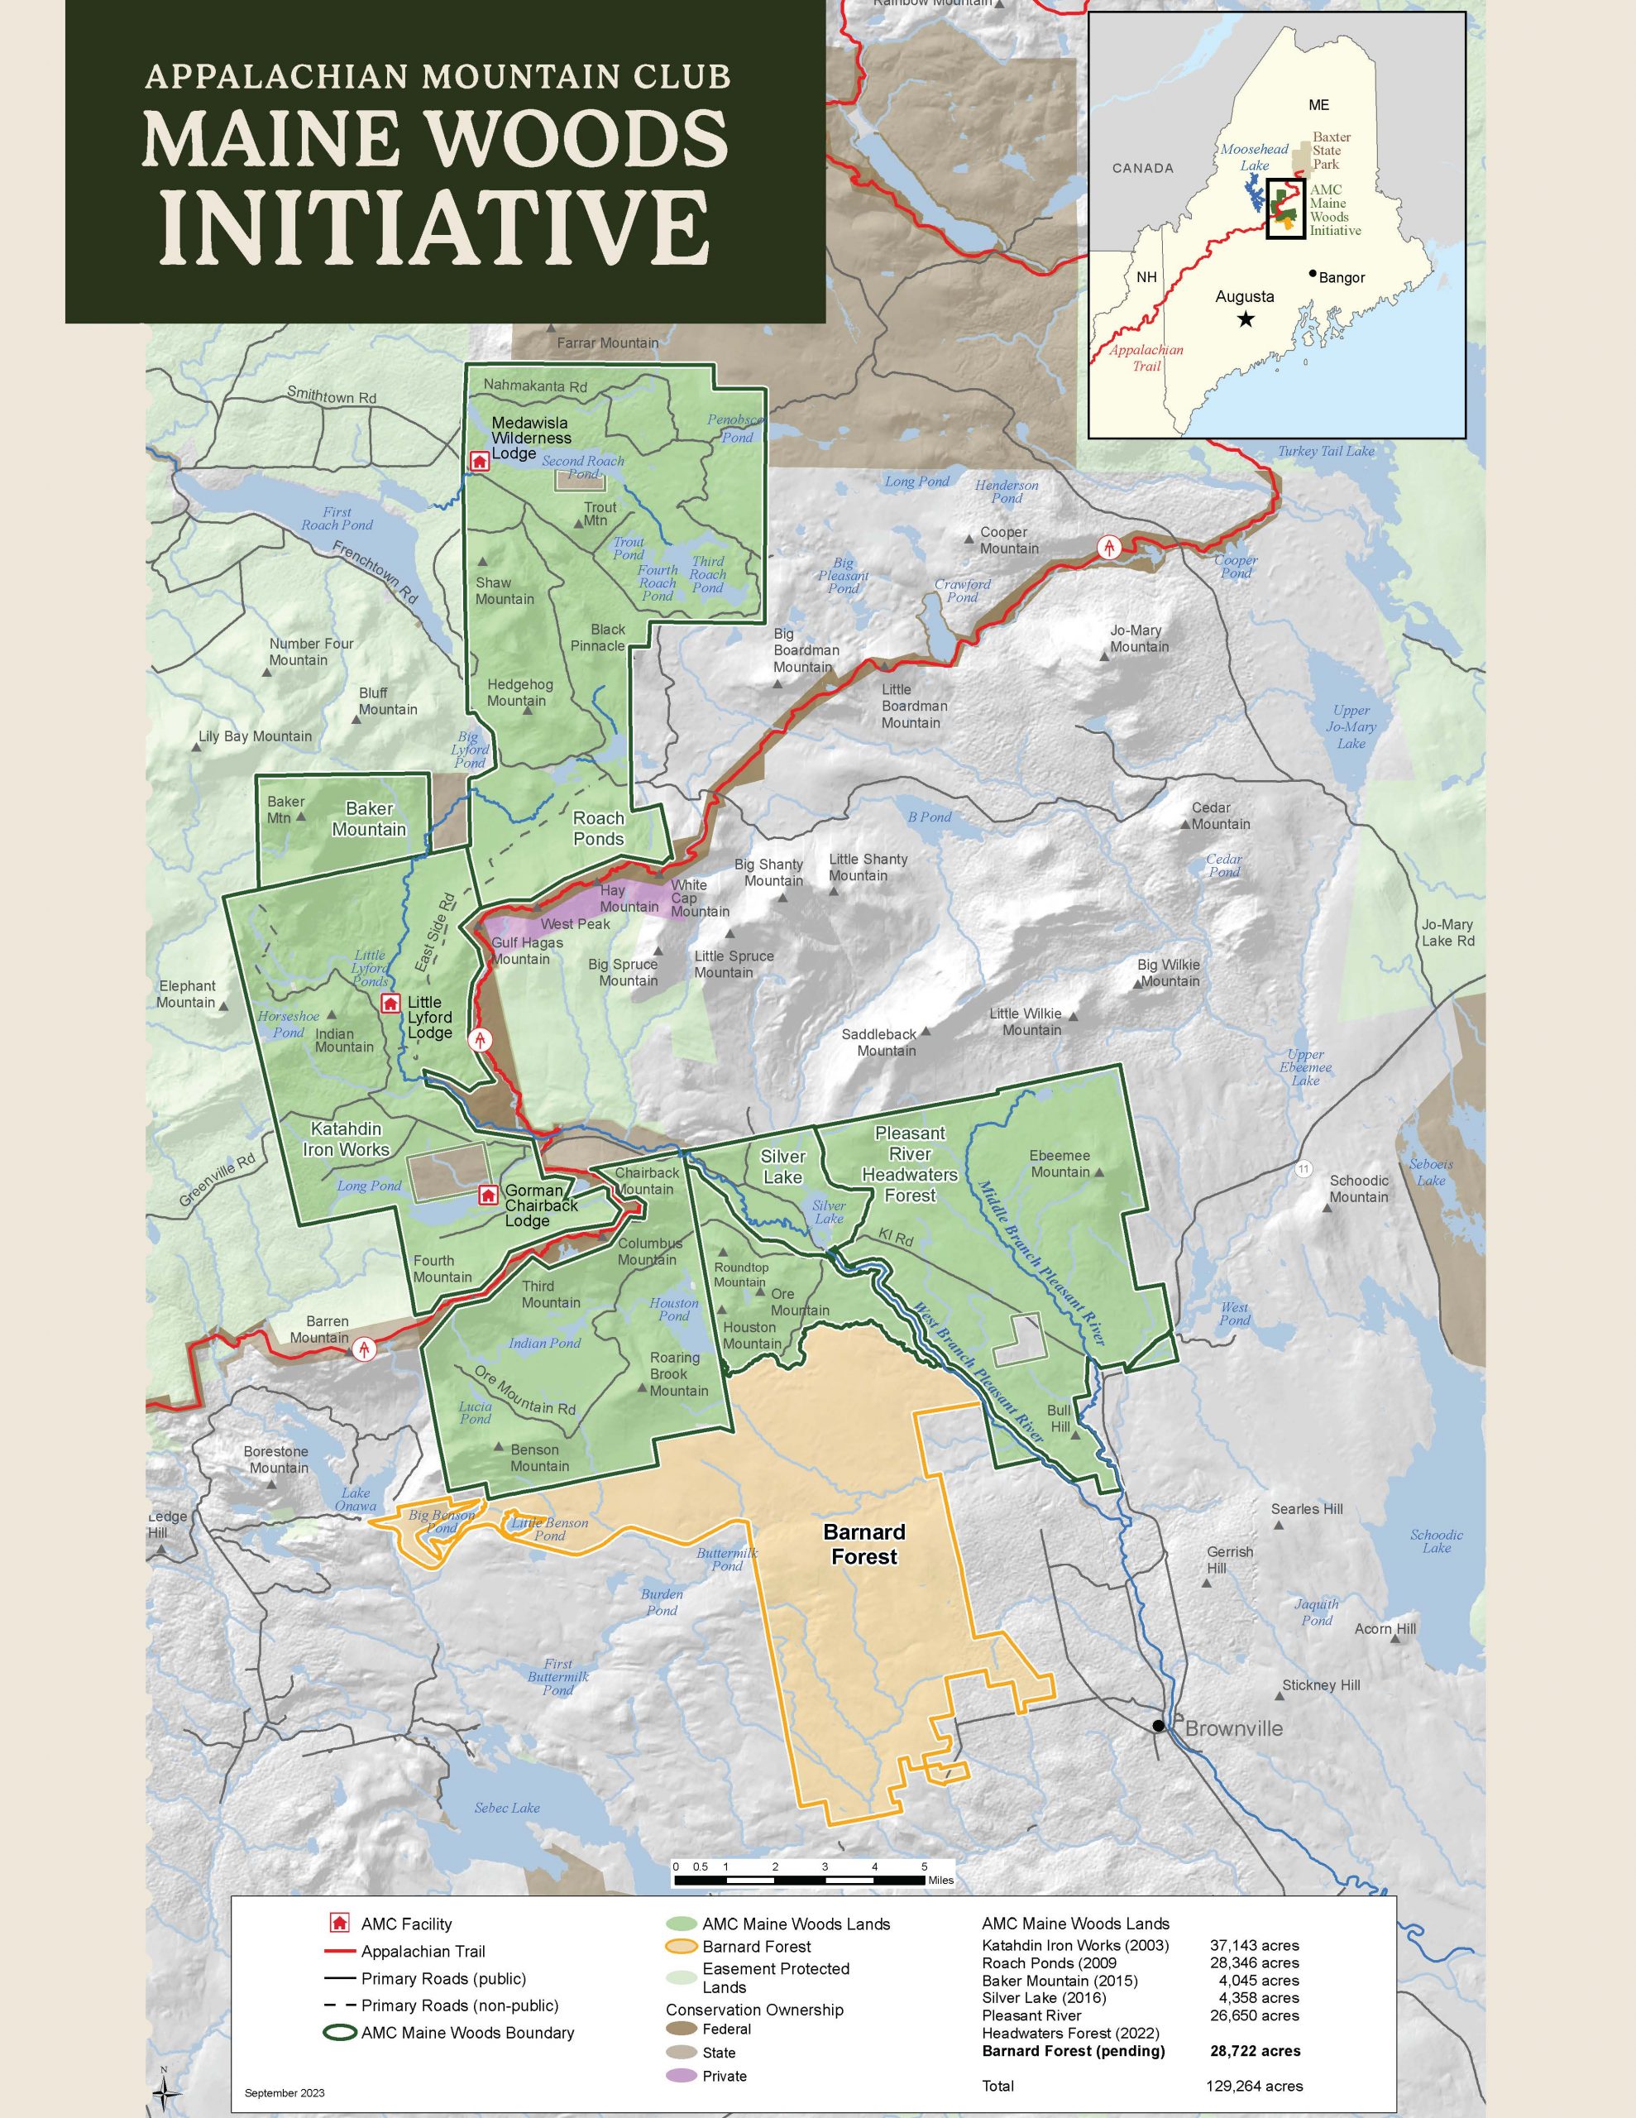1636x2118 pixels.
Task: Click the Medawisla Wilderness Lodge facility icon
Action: (x=478, y=462)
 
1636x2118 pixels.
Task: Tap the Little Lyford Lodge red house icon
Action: (x=391, y=1003)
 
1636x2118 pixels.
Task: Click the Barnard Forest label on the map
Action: (x=863, y=1544)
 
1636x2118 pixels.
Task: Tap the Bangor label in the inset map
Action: (x=1342, y=277)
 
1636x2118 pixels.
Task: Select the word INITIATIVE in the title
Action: (x=433, y=230)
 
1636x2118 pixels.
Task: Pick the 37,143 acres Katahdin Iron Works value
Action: (x=1254, y=1945)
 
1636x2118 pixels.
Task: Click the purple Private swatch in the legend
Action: (x=682, y=2077)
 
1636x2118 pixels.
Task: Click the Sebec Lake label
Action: (x=506, y=1808)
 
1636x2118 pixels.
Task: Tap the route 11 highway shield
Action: (x=1304, y=1170)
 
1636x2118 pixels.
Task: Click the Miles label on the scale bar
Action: (x=940, y=1881)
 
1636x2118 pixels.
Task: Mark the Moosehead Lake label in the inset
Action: (x=1254, y=156)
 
